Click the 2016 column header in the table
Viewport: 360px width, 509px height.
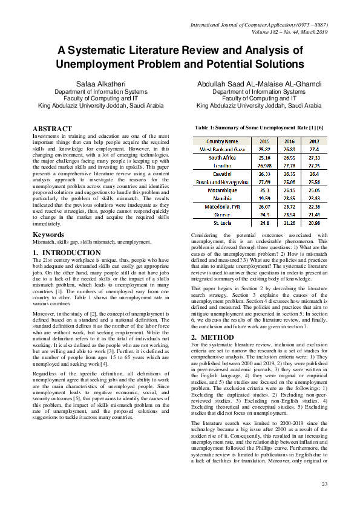(282, 140)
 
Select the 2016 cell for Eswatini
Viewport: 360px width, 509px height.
(282, 173)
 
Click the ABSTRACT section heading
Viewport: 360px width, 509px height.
(52, 129)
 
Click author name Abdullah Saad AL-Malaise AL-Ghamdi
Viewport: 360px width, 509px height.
(259, 83)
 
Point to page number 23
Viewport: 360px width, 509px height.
(324, 484)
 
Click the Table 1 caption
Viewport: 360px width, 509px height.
(258, 128)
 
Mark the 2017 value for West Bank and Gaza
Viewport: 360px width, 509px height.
(313, 148)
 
